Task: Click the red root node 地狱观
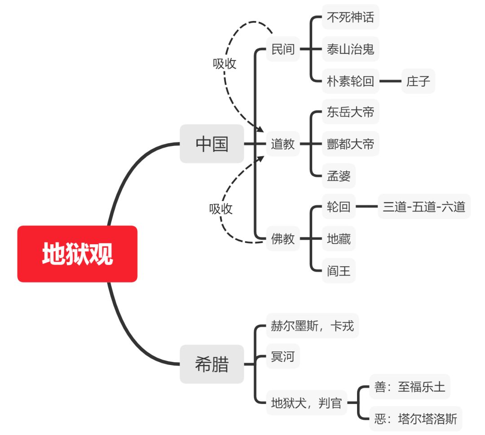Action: [x=77, y=254]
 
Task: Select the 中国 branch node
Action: [x=212, y=144]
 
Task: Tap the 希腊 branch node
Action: [x=212, y=364]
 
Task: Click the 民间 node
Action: [x=283, y=49]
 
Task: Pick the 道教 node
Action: [x=283, y=144]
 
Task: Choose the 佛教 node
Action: [x=283, y=239]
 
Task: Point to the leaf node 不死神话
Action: [x=350, y=17]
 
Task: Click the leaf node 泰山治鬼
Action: [x=350, y=49]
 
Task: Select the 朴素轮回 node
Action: [x=350, y=81]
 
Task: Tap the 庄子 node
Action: [x=418, y=81]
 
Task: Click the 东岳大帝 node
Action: [x=350, y=112]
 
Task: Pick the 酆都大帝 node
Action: [x=350, y=144]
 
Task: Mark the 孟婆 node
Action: [x=339, y=176]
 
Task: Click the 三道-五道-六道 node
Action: [x=424, y=207]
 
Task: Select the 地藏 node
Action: [x=339, y=239]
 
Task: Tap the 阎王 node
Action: [x=339, y=271]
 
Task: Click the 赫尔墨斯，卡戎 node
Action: [x=312, y=326]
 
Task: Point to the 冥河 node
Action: [x=283, y=357]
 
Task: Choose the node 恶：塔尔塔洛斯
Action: [x=415, y=419]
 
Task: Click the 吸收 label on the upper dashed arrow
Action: [x=225, y=64]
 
